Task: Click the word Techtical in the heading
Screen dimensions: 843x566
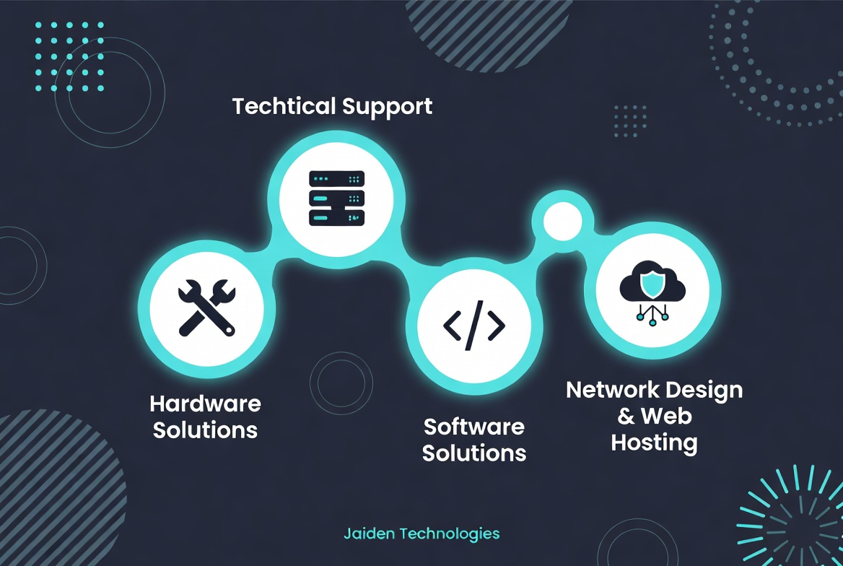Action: (x=284, y=106)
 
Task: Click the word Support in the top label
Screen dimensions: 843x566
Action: (x=387, y=108)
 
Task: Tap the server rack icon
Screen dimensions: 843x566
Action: (x=336, y=199)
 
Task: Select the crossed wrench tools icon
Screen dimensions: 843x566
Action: (x=207, y=308)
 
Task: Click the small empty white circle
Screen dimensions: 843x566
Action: (x=562, y=221)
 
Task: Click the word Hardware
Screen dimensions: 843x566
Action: (x=206, y=404)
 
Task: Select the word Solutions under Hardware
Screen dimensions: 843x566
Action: (x=206, y=430)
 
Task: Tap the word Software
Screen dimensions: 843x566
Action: (x=474, y=427)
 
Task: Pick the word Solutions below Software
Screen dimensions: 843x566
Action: (x=474, y=453)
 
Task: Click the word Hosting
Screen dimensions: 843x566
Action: (x=655, y=443)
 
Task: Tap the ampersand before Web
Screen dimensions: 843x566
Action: (x=626, y=416)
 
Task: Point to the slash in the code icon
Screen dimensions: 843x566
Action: (x=475, y=326)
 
